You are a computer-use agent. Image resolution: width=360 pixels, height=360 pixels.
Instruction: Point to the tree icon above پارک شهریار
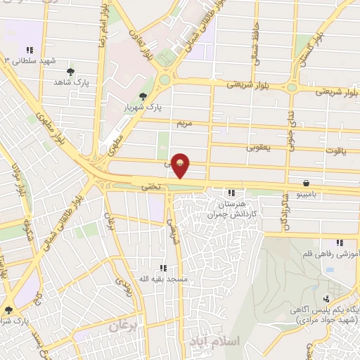coord(143,96)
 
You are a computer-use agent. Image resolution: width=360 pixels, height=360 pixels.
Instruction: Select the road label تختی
coord(153,186)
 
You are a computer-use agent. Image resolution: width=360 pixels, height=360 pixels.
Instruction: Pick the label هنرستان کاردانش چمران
coord(231,207)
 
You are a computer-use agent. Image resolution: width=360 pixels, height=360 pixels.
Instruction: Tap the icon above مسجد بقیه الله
coord(163,268)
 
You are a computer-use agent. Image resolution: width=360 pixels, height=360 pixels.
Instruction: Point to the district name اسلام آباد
coord(214,340)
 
